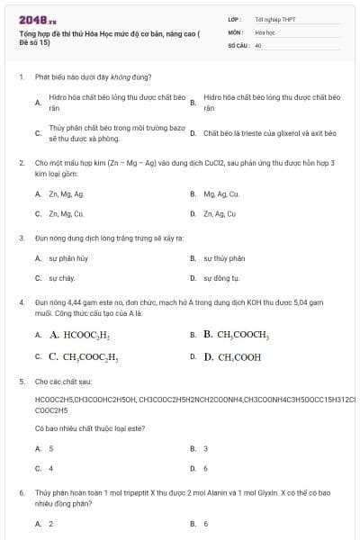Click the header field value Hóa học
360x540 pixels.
[x=265, y=31]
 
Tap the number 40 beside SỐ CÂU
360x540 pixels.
[x=258, y=44]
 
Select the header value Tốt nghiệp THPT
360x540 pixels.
[x=275, y=19]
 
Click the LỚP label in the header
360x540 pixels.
[x=235, y=19]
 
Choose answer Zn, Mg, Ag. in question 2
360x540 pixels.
[x=67, y=193]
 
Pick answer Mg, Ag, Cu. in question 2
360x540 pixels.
[x=221, y=193]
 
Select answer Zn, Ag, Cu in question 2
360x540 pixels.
[x=220, y=214]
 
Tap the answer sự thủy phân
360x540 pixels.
[x=224, y=258]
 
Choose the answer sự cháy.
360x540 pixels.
[x=62, y=279]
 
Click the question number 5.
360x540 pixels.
[x=21, y=382]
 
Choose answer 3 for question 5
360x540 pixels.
[x=206, y=448]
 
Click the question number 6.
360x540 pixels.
[x=21, y=493]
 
